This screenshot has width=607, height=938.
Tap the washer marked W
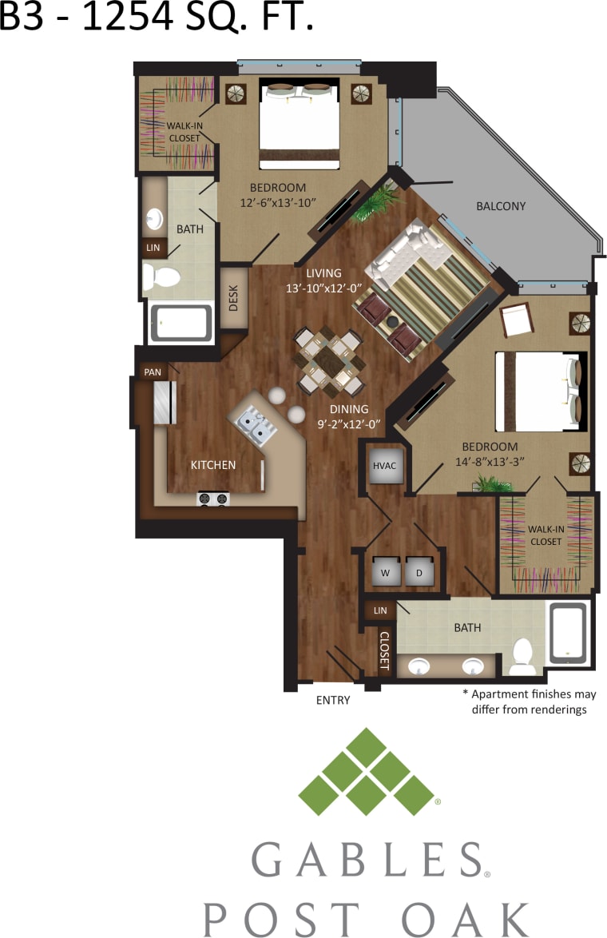[384, 572]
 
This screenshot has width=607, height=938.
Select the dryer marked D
[419, 572]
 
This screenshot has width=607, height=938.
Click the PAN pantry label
[152, 372]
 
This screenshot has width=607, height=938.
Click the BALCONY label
[501, 206]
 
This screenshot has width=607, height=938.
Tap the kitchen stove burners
[213, 499]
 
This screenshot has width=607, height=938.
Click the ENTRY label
[333, 701]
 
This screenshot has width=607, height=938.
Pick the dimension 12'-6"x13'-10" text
[279, 202]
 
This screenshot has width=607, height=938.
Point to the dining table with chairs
[327, 360]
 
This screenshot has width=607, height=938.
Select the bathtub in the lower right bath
[567, 633]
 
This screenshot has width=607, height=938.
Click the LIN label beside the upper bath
[152, 248]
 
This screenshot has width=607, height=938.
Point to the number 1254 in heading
[126, 18]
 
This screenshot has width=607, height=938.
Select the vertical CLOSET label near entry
[384, 650]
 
